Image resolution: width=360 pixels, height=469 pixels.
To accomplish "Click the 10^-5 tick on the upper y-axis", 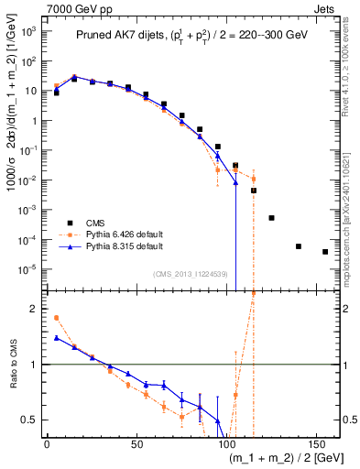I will [28, 269].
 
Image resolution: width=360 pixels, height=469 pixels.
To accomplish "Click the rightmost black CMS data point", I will [325, 252].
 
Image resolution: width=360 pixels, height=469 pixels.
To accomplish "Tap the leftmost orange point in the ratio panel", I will [56, 318].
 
